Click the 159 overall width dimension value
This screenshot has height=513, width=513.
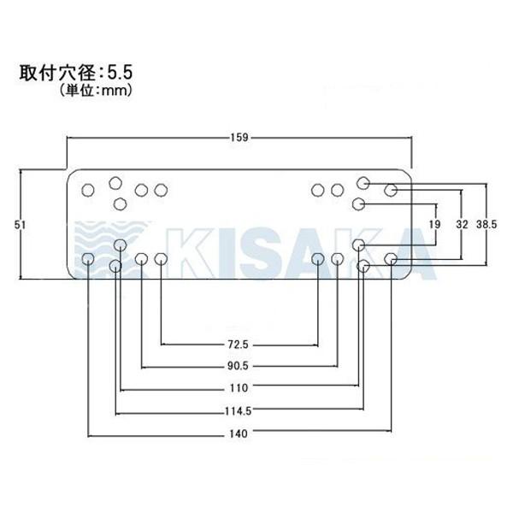tap(239, 136)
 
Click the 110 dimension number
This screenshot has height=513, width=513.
tap(239, 388)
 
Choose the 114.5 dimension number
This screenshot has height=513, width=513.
tap(239, 410)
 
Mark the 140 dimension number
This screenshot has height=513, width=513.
tap(239, 433)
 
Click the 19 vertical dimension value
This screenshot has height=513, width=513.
tap(434, 224)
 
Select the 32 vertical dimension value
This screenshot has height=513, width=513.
tap(462, 224)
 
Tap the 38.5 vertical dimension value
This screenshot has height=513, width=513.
tap(486, 224)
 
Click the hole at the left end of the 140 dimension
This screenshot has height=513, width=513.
tap(88, 258)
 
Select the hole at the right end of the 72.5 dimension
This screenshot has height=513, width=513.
tap(318, 258)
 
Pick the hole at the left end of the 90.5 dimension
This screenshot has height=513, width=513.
tap(142, 258)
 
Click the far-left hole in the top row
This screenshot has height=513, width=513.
tap(88, 190)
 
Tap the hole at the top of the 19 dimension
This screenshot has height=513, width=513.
tap(359, 203)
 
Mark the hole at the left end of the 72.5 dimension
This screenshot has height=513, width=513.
tap(160, 258)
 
